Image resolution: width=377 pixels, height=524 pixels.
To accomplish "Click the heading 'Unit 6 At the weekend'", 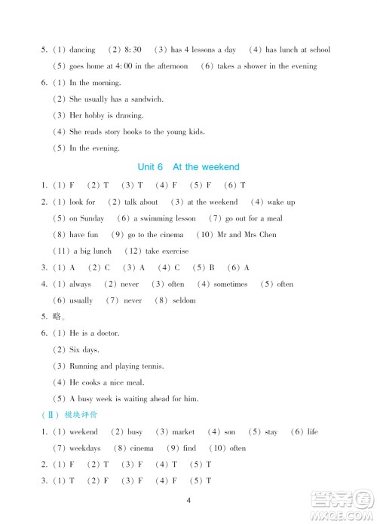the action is point(188,167).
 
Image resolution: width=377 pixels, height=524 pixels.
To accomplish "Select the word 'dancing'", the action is point(83,50).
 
